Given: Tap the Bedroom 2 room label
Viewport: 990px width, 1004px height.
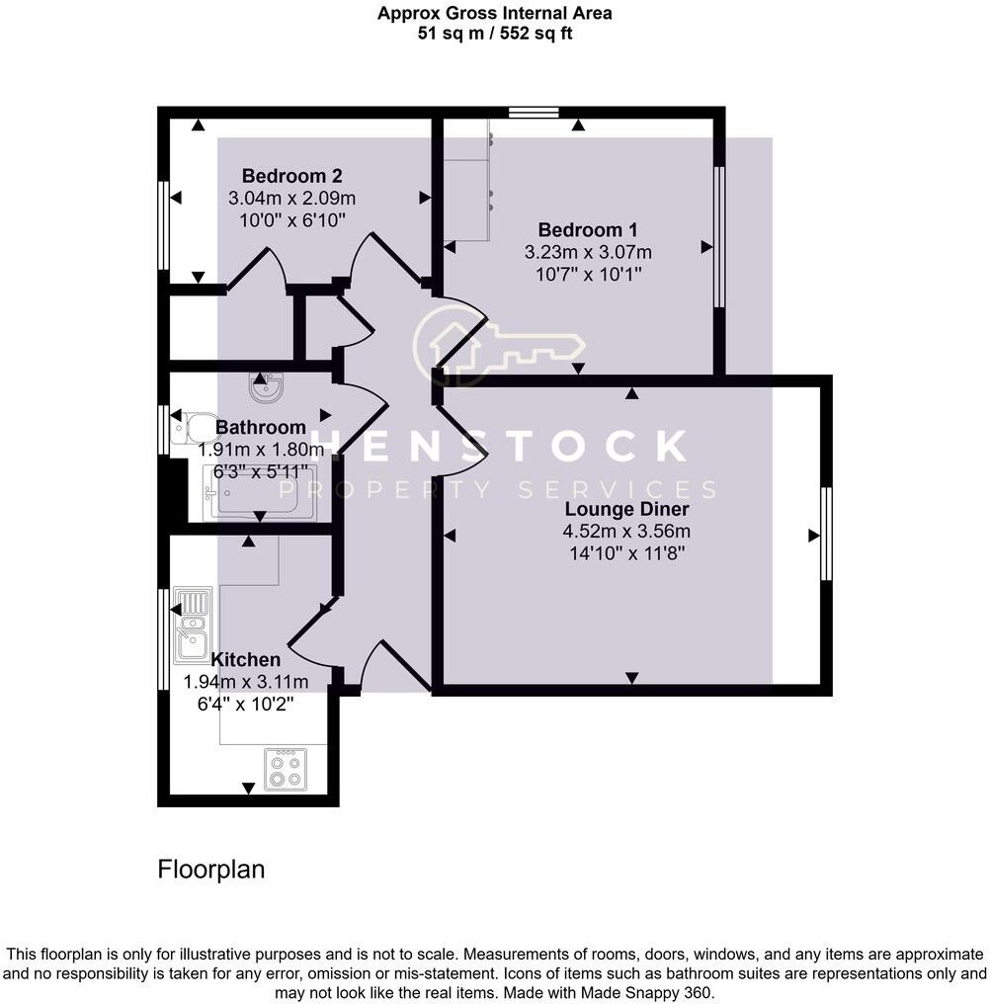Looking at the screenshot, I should pos(292,177).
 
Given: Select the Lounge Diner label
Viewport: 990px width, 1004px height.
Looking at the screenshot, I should pos(626,510).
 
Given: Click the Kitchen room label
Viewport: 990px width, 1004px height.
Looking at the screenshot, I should pos(246,659).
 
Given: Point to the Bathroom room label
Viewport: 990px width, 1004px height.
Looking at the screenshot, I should pos(261,428).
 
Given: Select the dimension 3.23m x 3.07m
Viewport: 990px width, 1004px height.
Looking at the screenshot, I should pos(589,252).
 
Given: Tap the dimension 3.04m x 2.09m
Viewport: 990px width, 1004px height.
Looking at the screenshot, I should pos(291,198).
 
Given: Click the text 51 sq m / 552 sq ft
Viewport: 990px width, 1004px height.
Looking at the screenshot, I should pos(495,33).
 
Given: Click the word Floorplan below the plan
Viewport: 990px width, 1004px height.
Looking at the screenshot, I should pos(211,870).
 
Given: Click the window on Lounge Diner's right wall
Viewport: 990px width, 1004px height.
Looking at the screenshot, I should pos(826,535).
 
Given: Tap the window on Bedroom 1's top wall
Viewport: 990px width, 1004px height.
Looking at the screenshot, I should pos(534,112).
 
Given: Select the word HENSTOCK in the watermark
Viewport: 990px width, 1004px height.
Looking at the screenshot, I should pos(500,447).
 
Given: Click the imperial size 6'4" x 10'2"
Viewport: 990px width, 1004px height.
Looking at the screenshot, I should pos(246,702).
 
